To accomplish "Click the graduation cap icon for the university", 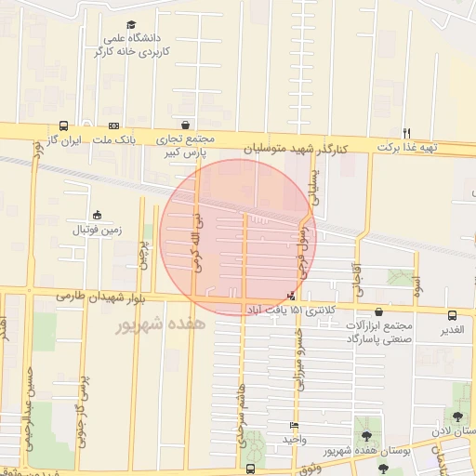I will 130,24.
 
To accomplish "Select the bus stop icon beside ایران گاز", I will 63,126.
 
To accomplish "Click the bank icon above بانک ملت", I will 114,126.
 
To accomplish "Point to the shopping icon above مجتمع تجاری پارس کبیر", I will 186,125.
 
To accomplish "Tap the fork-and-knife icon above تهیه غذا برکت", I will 406,133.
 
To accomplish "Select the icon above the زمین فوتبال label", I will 98,215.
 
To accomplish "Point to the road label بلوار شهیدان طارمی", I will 93,295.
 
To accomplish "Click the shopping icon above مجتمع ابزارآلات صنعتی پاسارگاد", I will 377,312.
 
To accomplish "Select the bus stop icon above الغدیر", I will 452,315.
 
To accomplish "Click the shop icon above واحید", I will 294,426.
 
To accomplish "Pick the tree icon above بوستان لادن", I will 456,415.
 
